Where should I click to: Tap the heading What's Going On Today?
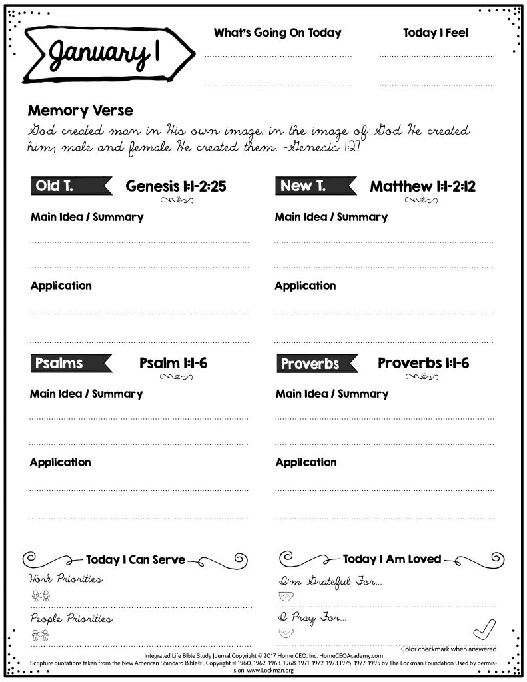coord(277,33)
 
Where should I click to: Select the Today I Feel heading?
coord(436,33)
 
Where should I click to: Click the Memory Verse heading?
coord(80,111)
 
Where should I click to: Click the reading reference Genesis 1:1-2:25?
coord(176,186)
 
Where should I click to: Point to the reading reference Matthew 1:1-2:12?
coord(422,186)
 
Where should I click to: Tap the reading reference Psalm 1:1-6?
coord(173,363)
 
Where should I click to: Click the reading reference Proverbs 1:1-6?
coord(423,363)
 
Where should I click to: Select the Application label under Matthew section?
coord(305,286)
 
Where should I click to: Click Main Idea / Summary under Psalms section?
coord(86,394)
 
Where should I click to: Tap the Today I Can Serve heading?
coord(135,560)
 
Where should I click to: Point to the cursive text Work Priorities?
coord(65,579)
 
